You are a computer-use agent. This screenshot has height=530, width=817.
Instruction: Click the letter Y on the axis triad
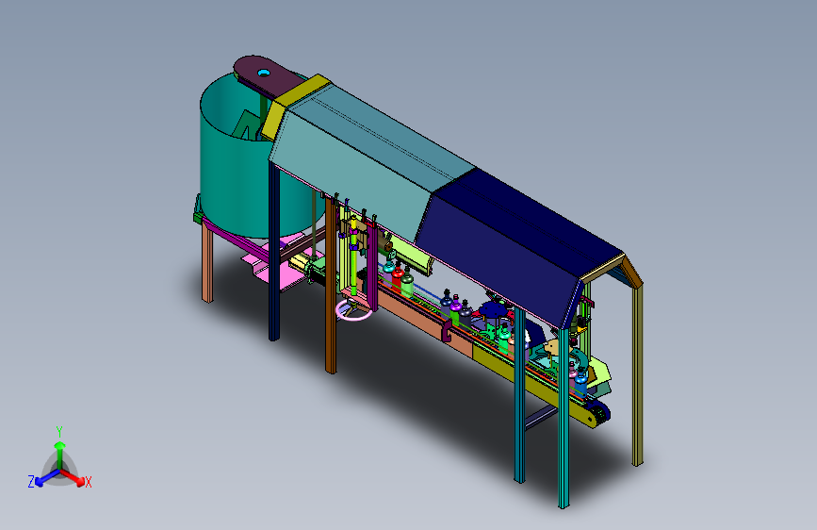click(x=59, y=432)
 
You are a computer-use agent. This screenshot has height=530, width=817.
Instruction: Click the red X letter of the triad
click(x=88, y=482)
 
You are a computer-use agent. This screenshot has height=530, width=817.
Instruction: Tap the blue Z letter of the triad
click(x=31, y=482)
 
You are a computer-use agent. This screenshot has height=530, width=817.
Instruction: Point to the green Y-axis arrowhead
click(x=60, y=445)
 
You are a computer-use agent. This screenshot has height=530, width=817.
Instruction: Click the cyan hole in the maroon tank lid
click(x=264, y=73)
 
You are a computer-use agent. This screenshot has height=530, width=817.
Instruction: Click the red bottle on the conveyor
click(x=398, y=275)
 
